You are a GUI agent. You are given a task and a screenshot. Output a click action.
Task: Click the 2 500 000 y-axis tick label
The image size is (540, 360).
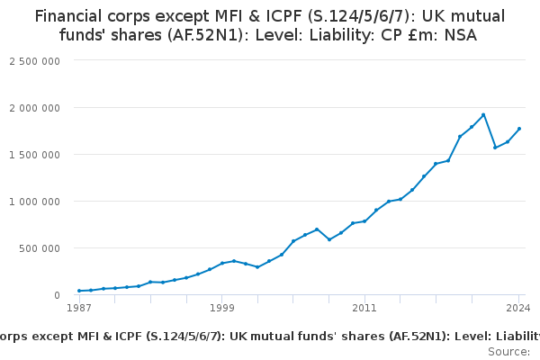pyautogui.click(x=35, y=60)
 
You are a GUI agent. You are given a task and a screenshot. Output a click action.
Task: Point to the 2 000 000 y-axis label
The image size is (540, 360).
pyautogui.click(x=35, y=107)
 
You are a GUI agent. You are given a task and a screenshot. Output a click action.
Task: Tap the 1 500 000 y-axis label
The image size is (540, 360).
pyautogui.click(x=35, y=154)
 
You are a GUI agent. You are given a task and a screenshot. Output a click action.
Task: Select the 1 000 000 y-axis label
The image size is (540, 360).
pyautogui.click(x=35, y=201)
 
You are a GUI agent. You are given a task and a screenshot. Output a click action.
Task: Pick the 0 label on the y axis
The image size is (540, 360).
pyautogui.click(x=56, y=294)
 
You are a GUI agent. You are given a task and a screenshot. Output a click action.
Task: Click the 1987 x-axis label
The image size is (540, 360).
pyautogui.click(x=79, y=309)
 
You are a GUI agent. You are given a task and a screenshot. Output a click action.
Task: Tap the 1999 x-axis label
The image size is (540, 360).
pyautogui.click(x=221, y=309)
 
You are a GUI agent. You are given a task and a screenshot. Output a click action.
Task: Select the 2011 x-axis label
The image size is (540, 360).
pyautogui.click(x=364, y=309)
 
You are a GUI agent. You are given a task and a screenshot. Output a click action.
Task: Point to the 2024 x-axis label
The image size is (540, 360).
pyautogui.click(x=519, y=309)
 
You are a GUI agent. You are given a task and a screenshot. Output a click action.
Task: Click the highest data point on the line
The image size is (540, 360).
pyautogui.click(x=483, y=115)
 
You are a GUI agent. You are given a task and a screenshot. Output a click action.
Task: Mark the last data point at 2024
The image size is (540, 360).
pyautogui.click(x=519, y=129)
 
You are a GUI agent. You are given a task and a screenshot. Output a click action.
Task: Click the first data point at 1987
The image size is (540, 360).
pyautogui.click(x=79, y=291)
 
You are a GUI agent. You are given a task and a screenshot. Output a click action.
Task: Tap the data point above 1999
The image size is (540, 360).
pyautogui.click(x=221, y=263)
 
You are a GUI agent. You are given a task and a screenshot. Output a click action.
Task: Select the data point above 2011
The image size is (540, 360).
pyautogui.click(x=364, y=220)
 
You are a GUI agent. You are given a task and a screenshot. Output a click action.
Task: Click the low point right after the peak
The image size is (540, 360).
pyautogui.click(x=495, y=148)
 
